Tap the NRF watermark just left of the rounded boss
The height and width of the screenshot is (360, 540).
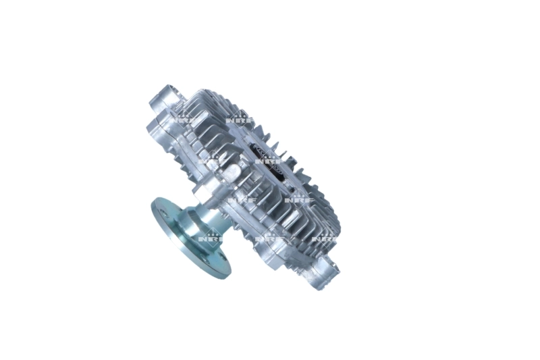(x=209, y=162)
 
